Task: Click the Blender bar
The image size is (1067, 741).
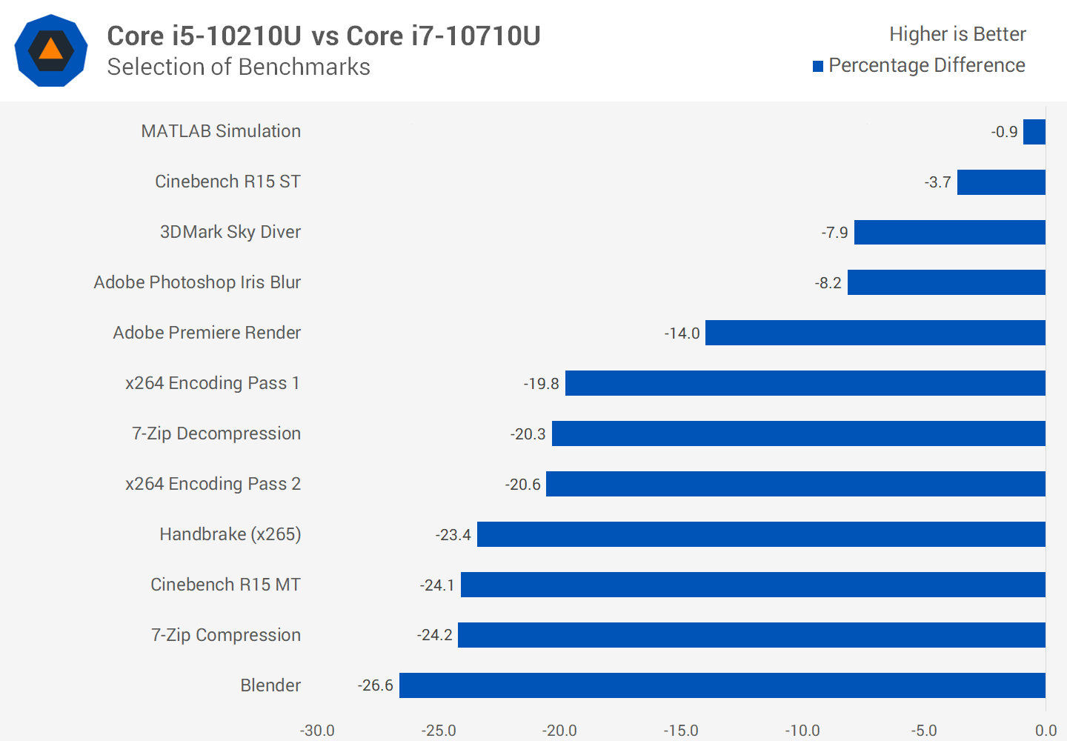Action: pos(722,685)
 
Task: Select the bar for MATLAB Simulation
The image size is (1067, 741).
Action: pos(1034,132)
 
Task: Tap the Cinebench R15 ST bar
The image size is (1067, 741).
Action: pos(1001,182)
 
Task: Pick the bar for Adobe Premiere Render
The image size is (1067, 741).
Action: pos(876,333)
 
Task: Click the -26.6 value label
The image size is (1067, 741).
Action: pos(376,685)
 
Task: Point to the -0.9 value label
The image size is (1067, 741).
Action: pos(1004,132)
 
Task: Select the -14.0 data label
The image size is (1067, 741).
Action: pos(682,333)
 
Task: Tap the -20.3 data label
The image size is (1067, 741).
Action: pos(528,433)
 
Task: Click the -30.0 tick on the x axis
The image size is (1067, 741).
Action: pos(317,731)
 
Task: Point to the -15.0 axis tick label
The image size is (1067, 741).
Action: pos(681,731)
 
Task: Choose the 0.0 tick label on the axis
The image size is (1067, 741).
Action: pos(1046,731)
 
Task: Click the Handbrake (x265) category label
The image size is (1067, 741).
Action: pos(230,534)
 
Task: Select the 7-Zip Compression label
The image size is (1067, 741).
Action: pos(226,635)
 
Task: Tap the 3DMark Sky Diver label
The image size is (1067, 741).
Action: pos(230,232)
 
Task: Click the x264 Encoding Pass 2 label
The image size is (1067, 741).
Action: pos(213,484)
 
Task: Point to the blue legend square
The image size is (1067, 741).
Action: pos(818,66)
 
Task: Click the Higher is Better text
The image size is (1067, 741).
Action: pos(957,34)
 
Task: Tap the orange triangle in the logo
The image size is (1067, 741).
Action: pos(51,49)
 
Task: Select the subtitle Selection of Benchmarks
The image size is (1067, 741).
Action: pos(239,67)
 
